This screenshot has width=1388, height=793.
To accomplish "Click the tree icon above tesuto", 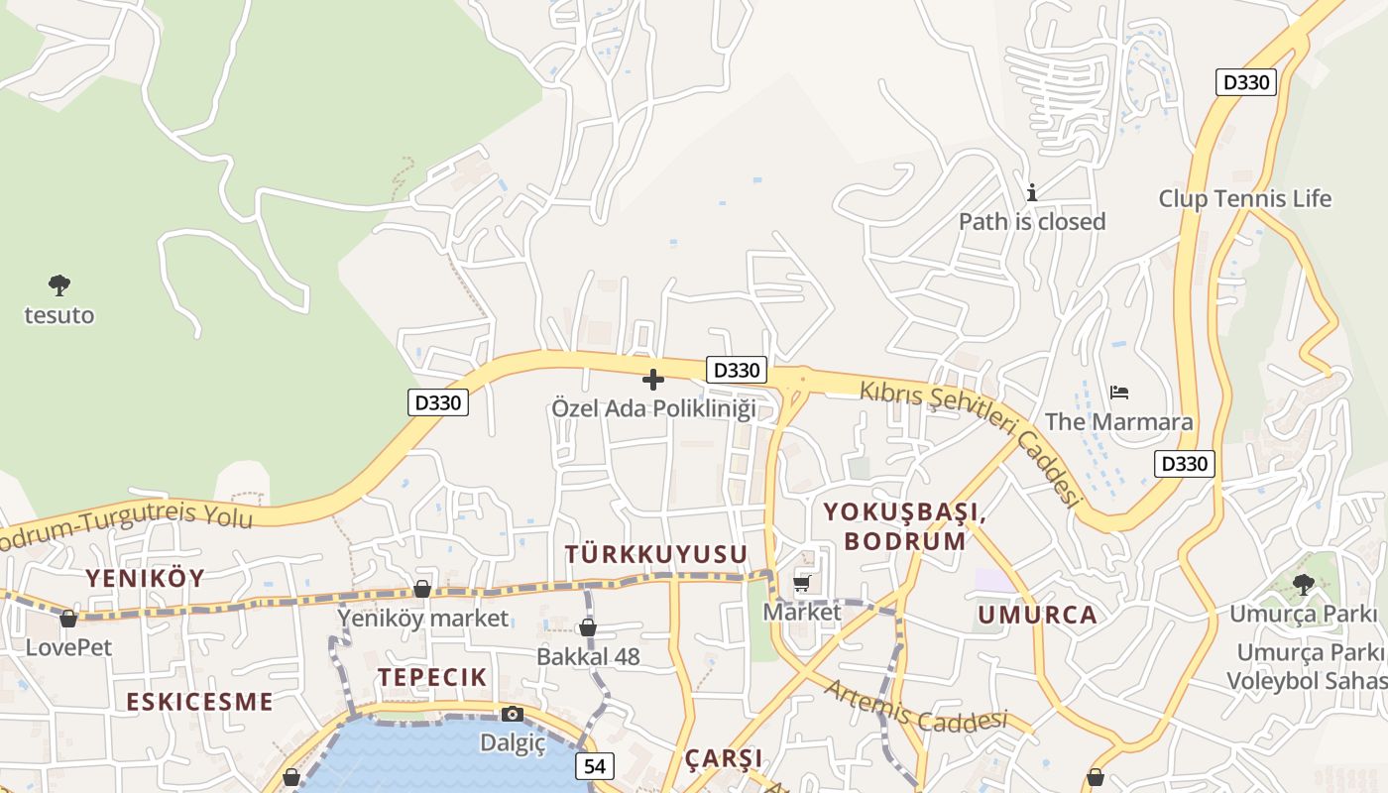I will click(59, 285).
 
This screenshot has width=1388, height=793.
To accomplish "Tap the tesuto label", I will click(59, 315).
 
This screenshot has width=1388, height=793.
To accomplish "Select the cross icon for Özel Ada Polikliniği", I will click(653, 380).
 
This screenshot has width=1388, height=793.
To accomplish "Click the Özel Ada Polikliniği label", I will click(654, 407).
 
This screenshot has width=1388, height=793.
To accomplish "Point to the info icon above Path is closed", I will click(1032, 192).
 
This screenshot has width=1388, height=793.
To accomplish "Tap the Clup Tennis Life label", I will click(1244, 198).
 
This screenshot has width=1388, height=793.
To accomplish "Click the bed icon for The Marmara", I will click(1119, 393).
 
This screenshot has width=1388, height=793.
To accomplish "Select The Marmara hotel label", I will click(1119, 421).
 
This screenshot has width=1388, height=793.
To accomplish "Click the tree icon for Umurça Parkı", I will click(1303, 585).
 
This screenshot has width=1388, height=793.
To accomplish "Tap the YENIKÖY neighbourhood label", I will click(145, 578).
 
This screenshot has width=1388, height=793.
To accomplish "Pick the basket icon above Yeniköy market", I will click(422, 590).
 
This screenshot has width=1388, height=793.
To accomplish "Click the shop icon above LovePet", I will click(68, 620).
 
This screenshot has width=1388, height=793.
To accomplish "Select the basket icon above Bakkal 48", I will click(588, 627).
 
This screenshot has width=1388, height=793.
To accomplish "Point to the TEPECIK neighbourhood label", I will click(432, 677).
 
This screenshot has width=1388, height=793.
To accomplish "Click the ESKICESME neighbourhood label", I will click(199, 702).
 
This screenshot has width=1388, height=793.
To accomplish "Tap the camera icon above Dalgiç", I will click(513, 714).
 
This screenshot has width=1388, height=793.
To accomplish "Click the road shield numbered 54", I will click(594, 765).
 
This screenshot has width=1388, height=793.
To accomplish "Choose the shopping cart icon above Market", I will click(802, 583).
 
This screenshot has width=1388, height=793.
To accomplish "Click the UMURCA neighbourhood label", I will click(1038, 615).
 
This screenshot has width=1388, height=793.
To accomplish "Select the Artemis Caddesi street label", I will click(915, 706).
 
